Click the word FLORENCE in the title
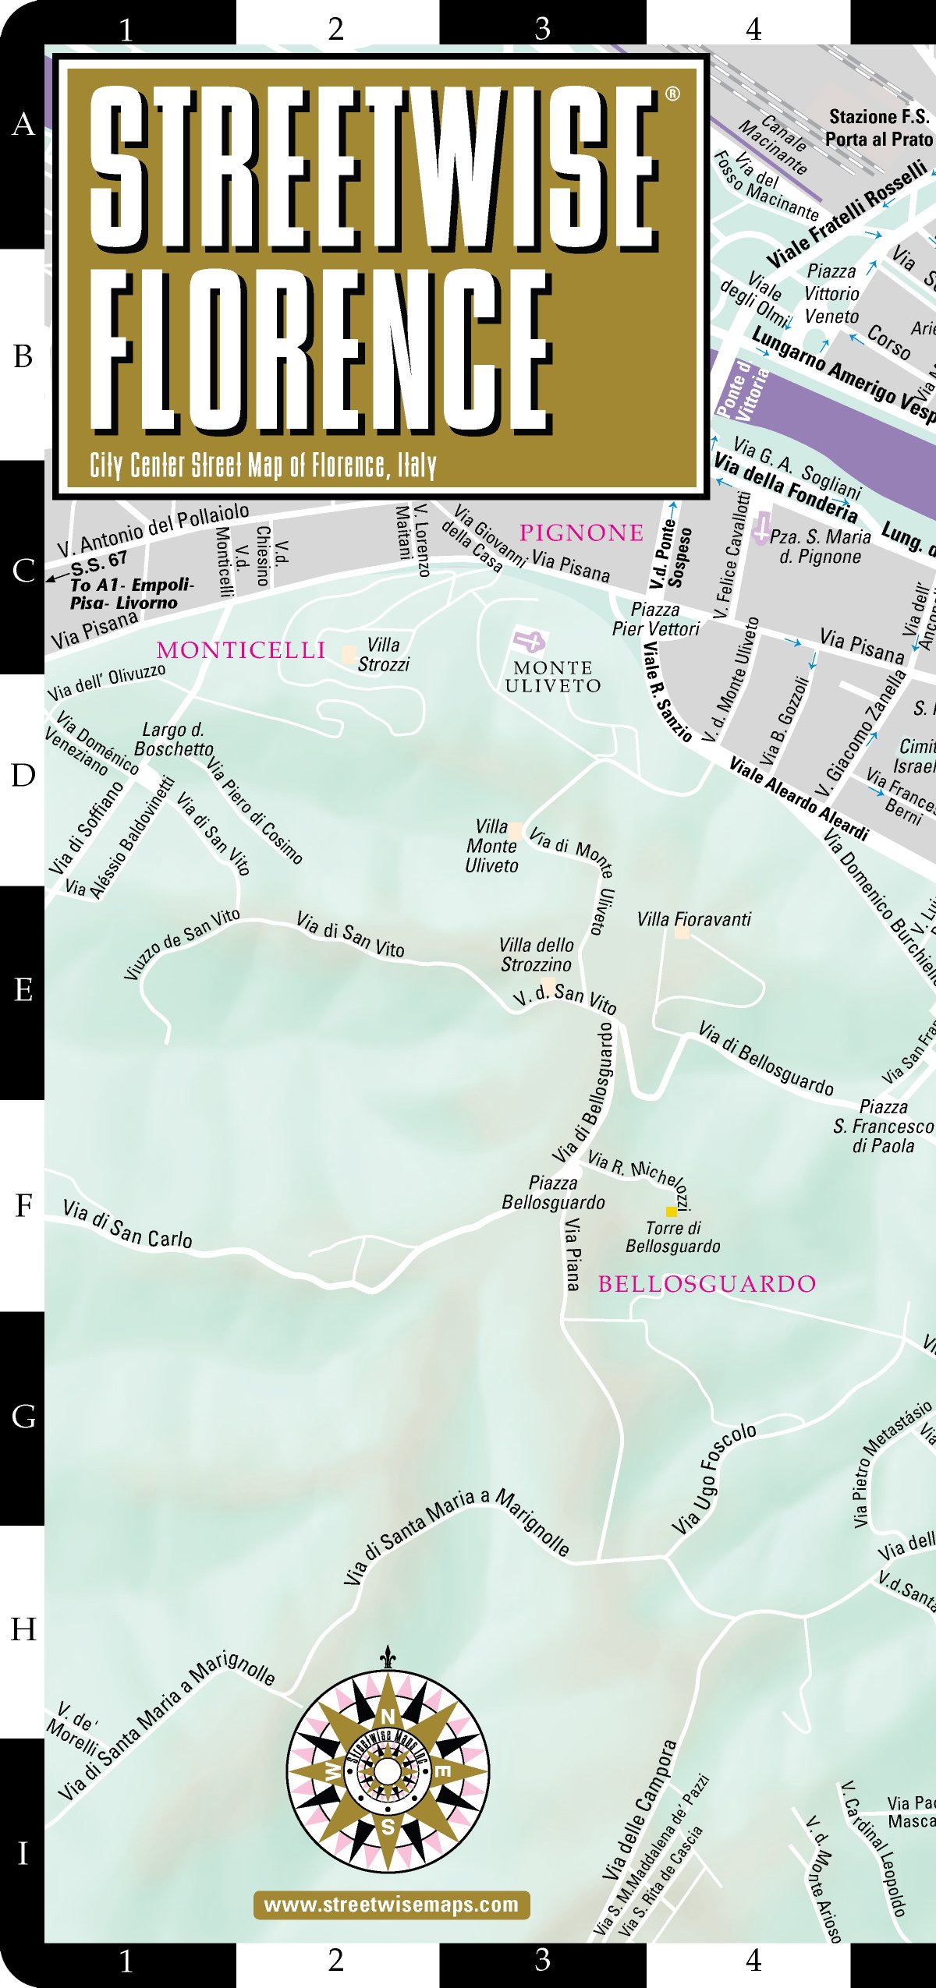(320, 351)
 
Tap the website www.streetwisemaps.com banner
(392, 1905)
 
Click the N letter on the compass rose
(388, 1716)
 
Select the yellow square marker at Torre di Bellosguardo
(671, 1212)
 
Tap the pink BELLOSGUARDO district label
(707, 1284)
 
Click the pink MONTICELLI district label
(240, 650)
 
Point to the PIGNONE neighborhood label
(582, 533)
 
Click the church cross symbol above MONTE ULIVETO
(530, 642)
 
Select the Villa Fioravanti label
(693, 920)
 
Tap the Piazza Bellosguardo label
(553, 1193)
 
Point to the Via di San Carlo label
(128, 1224)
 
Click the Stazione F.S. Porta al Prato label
(878, 128)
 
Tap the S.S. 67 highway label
(98, 561)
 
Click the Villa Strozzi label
(383, 654)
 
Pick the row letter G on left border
(23, 1417)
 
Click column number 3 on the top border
(543, 28)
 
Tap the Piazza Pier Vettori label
(655, 619)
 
